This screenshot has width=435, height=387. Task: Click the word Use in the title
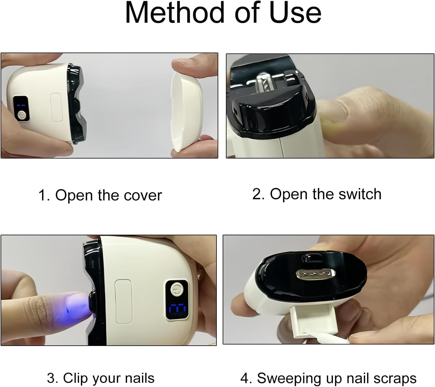click(x=295, y=13)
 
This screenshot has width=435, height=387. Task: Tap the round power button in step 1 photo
click(x=21, y=115)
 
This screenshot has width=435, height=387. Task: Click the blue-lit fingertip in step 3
click(x=75, y=305)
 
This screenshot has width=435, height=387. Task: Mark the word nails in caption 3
click(x=140, y=378)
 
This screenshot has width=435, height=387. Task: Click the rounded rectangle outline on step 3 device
click(x=123, y=301)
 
